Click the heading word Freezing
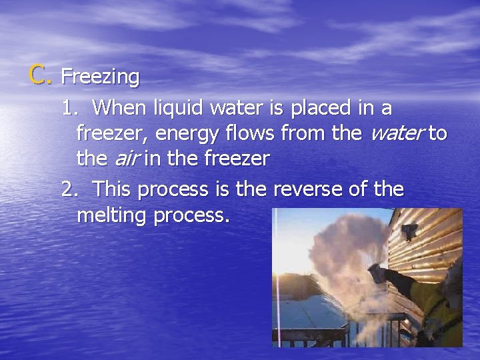(100, 77)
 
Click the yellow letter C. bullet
(39, 75)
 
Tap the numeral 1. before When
(69, 108)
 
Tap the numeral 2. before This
(69, 189)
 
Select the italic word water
(397, 134)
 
